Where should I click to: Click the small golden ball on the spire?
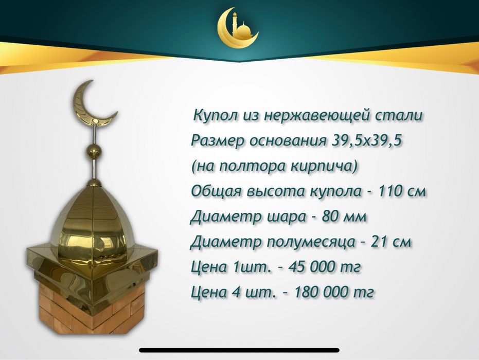pos(93,152)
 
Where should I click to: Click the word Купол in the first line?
pos(210,116)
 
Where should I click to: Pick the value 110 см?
pos(402,191)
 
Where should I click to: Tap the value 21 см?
pos(391,242)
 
